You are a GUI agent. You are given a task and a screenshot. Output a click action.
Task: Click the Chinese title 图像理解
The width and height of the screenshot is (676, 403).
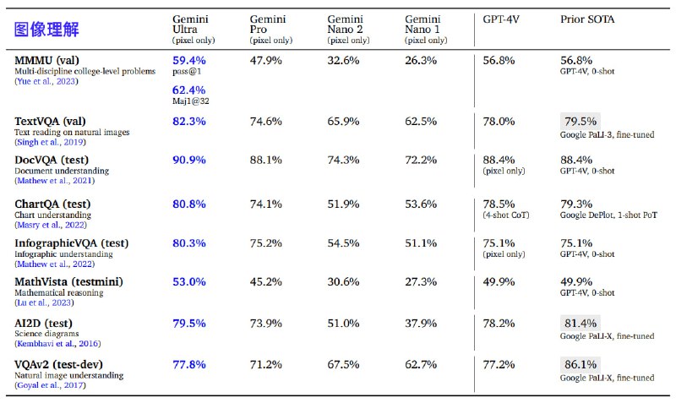click(x=47, y=30)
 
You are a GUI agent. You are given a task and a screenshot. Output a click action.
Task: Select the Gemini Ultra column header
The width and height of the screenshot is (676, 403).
click(x=192, y=25)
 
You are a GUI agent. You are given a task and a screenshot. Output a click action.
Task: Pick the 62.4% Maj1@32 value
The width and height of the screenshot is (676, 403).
click(x=188, y=90)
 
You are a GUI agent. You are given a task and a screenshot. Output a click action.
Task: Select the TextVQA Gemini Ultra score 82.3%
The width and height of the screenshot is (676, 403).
click(x=188, y=122)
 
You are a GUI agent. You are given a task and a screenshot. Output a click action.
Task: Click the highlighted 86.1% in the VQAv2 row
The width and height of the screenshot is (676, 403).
click(x=580, y=365)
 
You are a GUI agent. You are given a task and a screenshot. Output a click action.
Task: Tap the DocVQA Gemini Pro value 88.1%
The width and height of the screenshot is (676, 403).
click(x=267, y=160)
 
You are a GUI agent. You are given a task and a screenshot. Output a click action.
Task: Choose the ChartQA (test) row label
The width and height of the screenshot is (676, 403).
click(x=52, y=204)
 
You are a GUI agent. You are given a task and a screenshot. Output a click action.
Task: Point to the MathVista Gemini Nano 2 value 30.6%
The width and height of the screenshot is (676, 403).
click(x=344, y=282)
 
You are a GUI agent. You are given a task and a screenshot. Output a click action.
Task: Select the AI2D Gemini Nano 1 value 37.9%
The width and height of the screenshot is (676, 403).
click(x=421, y=324)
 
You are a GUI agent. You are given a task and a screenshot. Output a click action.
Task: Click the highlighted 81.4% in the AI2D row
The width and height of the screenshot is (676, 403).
click(x=580, y=323)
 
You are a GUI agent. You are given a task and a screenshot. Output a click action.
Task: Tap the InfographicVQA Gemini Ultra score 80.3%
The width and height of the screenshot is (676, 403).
click(x=188, y=243)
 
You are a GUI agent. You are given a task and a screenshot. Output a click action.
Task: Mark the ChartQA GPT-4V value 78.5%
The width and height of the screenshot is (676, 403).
click(x=499, y=204)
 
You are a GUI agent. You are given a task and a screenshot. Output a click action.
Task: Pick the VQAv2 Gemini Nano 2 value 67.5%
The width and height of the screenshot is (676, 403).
click(x=344, y=365)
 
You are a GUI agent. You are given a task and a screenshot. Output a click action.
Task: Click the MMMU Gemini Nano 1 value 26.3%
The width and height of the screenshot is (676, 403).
click(x=421, y=61)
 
